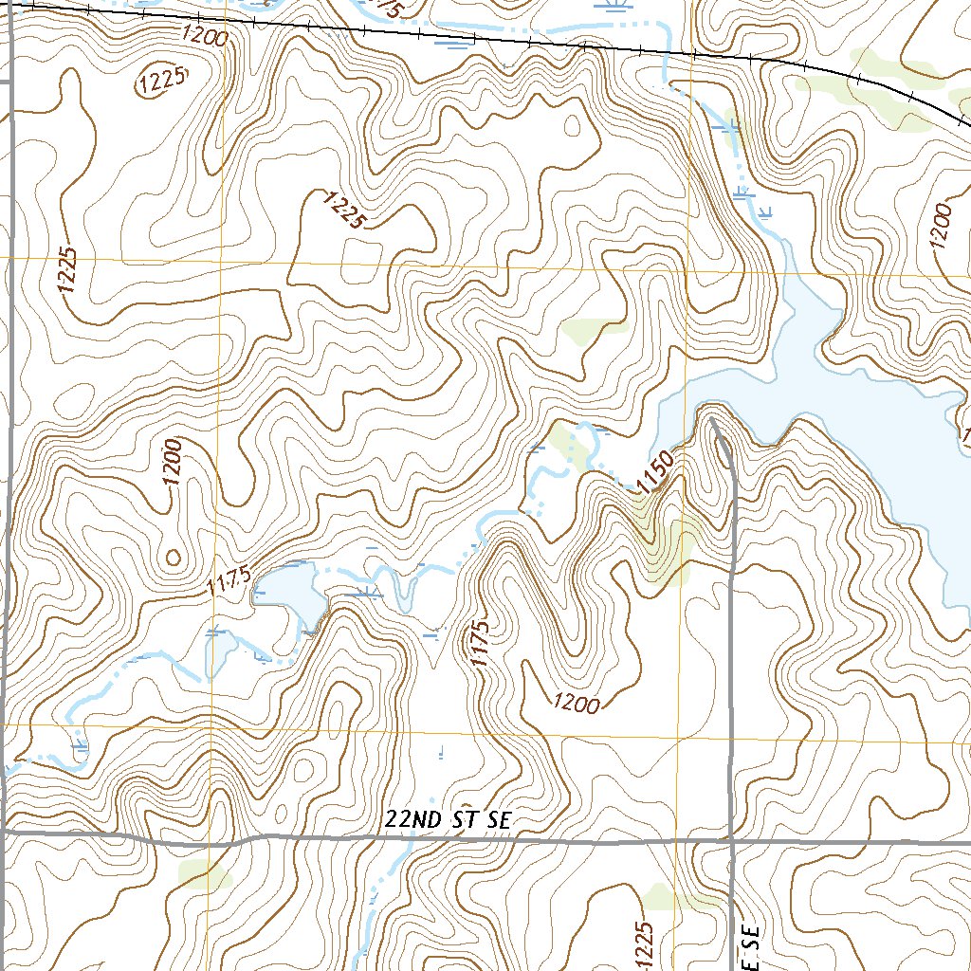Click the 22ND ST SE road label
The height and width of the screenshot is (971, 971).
[x=449, y=821]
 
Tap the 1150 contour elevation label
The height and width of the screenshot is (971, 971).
[x=655, y=472]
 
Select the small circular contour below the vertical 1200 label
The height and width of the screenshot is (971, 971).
[x=173, y=557]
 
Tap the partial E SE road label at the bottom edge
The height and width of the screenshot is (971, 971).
[x=754, y=948]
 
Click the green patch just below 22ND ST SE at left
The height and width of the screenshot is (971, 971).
[x=204, y=874]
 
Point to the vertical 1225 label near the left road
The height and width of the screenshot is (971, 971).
[x=67, y=269]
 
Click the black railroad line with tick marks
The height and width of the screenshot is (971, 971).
[x=474, y=36]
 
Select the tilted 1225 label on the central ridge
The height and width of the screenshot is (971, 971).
[x=344, y=210]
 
